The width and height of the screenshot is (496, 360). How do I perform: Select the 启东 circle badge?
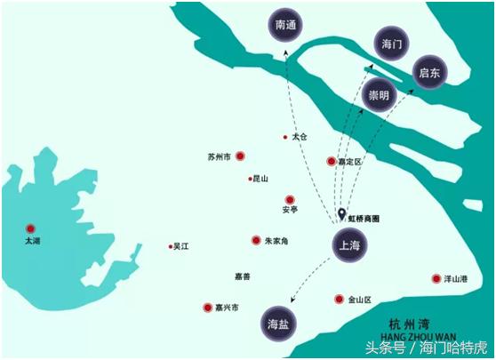[x=432, y=71]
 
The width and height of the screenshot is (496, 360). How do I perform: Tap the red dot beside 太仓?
[x=285, y=137]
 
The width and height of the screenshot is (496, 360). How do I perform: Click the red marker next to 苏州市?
[x=240, y=156]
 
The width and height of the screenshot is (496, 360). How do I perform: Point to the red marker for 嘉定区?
[x=332, y=161]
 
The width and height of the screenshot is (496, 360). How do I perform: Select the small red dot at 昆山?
[x=251, y=179]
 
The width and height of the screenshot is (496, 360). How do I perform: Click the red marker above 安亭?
[x=289, y=200]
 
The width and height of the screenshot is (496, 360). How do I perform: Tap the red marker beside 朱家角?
[x=256, y=240]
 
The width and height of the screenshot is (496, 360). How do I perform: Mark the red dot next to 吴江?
[x=170, y=246]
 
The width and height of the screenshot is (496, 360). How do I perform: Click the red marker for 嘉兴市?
[x=207, y=307]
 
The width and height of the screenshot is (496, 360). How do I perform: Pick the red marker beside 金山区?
[x=339, y=299]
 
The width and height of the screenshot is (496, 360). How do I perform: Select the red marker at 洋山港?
[x=436, y=278]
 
